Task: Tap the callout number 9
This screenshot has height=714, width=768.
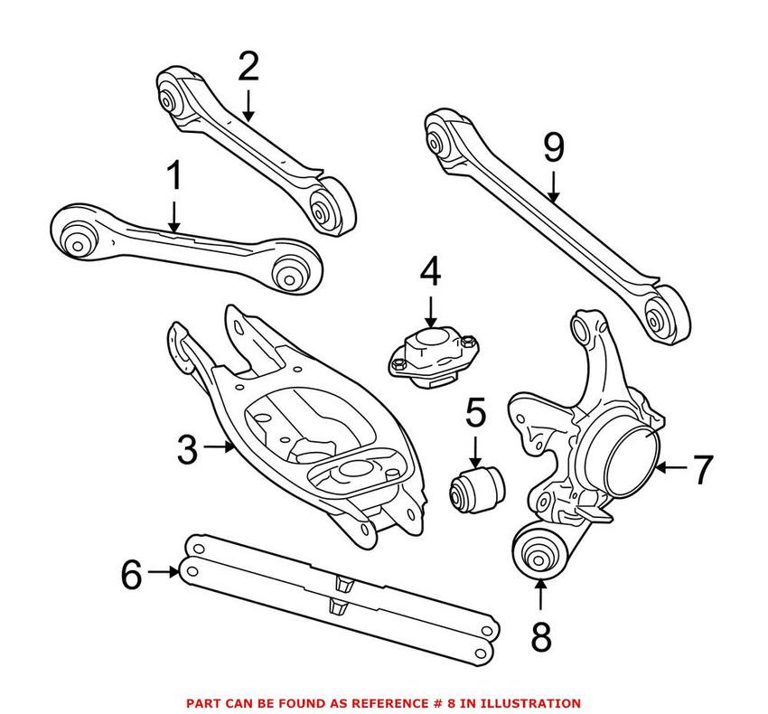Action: [553, 148]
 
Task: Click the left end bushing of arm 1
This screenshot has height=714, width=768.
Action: [79, 238]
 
